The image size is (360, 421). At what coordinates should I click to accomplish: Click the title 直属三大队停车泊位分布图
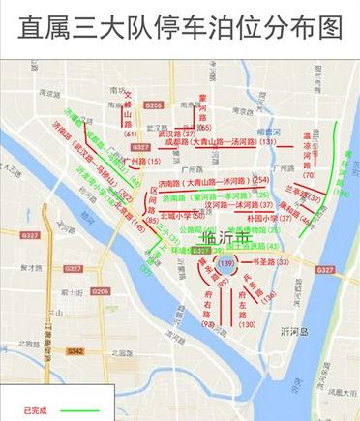[x=180, y=26]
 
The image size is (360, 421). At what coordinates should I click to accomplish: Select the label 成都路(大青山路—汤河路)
[x=212, y=142]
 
